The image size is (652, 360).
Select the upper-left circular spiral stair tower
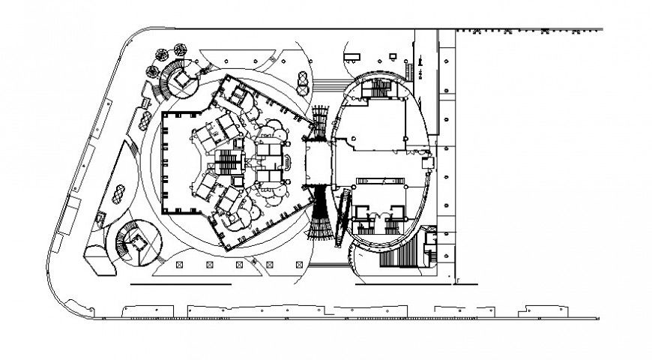tap(178, 79)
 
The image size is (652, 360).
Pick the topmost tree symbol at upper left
tap(180, 49)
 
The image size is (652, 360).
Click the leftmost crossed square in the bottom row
tap(179, 265)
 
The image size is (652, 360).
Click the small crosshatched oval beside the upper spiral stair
tap(142, 124)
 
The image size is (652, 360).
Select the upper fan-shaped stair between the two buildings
tap(321, 118)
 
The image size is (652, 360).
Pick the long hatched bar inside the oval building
tap(381, 182)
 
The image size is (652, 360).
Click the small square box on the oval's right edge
tap(428, 162)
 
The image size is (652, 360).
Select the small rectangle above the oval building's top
tap(352, 58)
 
